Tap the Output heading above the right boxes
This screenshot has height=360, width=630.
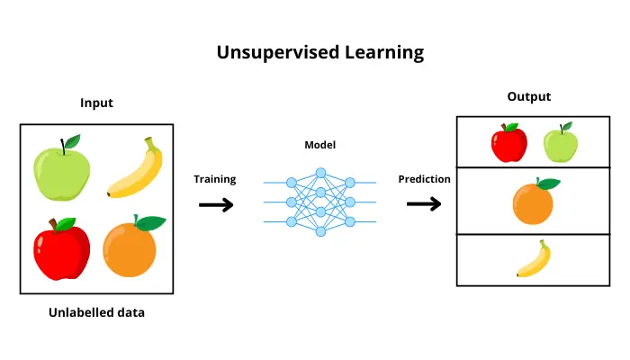pos(528,96)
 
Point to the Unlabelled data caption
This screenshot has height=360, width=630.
pos(96,312)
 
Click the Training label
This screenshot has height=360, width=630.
pos(215,179)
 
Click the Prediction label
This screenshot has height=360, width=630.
pos(424,179)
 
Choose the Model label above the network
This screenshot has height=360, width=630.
pos(319,144)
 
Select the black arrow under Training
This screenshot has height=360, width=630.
pos(215,205)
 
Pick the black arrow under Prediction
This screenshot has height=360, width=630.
pos(424,204)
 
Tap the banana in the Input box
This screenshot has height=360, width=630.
pos(136,169)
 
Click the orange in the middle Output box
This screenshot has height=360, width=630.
pos(533,203)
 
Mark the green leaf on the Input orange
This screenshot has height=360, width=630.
pos(150,222)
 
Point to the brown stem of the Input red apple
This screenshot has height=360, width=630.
pos(54,222)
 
